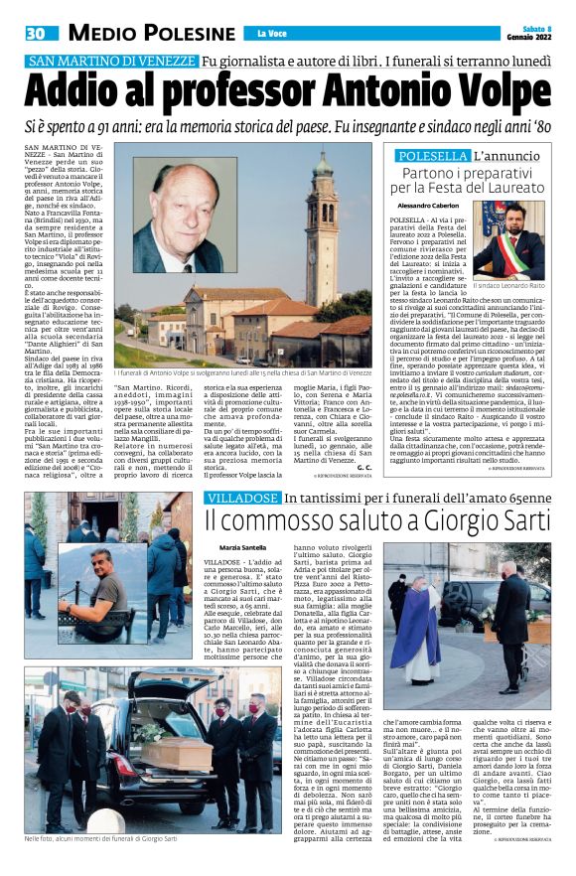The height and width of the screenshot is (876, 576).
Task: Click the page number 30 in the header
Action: click(x=35, y=34)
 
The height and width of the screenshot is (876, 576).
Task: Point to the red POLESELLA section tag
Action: click(x=432, y=157)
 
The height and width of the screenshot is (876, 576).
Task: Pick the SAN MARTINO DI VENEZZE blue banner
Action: click(x=111, y=61)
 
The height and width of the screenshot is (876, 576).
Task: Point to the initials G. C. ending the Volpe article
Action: click(x=364, y=467)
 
